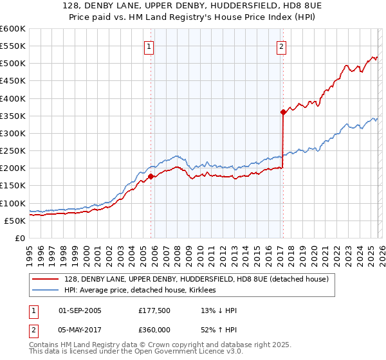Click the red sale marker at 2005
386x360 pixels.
pos(151,176)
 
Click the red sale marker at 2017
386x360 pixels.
pos(282,112)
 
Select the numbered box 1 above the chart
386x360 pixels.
pos(149,46)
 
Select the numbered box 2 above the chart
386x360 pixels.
pos(282,46)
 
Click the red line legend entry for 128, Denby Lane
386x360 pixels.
pos(196,279)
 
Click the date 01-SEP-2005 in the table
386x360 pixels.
pos(80,310)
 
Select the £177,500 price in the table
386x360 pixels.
pos(154,310)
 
